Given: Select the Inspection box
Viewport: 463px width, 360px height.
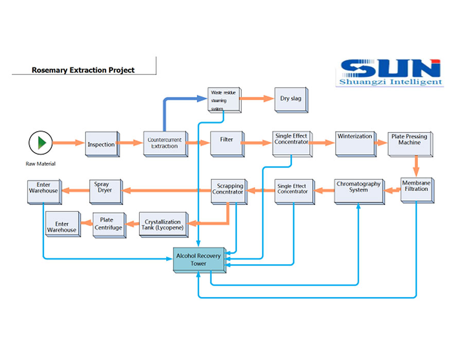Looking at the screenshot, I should pos(101,144).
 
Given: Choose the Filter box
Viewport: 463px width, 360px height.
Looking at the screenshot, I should pos(226,142).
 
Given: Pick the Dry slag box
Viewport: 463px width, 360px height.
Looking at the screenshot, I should pos(290,99).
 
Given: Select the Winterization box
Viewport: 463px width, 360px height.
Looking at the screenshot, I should pos(354,142).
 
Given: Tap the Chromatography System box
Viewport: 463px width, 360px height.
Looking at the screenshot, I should pos(359,190).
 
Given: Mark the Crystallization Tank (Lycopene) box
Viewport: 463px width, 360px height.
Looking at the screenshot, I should pos(162,224).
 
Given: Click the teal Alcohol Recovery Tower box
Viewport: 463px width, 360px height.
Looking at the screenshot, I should pos(199,260).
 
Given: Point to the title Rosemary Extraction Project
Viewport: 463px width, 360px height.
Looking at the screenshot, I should pos(83,70).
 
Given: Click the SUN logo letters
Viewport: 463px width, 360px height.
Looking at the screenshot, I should pos(390,68).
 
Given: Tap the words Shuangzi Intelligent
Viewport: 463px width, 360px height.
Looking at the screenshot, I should pos(390,82).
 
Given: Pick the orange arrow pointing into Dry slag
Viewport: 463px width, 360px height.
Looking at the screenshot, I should pos(257,99).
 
